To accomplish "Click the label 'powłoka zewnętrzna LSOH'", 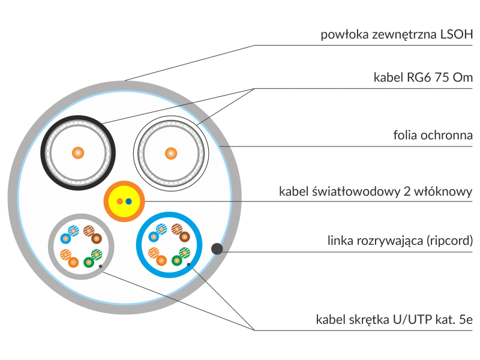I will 397,35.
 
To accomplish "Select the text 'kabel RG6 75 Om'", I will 423,78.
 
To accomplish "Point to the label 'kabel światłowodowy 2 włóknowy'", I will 376,192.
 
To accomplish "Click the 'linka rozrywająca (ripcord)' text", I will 400,241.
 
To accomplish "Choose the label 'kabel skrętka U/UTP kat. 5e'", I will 394,319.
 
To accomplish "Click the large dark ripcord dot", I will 218,248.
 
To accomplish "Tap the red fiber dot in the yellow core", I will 119,201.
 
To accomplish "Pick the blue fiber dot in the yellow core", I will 128,201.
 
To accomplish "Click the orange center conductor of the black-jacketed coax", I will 77,152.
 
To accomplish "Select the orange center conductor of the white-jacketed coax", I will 171,152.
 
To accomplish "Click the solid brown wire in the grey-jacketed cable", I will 96,238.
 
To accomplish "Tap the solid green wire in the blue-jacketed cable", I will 176,260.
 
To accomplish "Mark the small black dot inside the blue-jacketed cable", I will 188,265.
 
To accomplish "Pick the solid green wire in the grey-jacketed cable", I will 88,262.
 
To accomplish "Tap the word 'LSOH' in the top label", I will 457,35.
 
